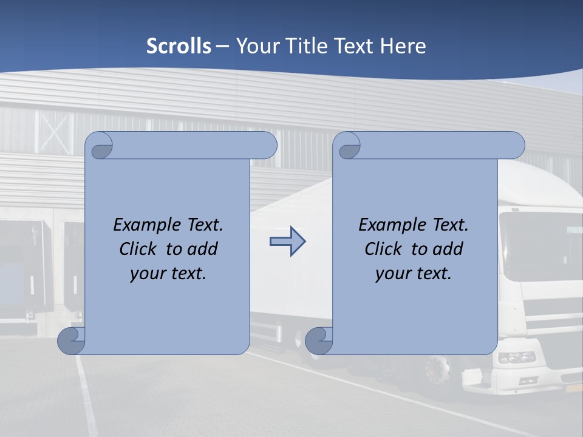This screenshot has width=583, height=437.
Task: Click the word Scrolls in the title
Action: pos(179,46)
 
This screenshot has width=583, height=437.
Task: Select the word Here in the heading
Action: pos(403,46)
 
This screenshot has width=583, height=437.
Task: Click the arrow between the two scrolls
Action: pos(287,242)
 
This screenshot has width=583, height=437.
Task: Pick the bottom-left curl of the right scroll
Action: pos(319,340)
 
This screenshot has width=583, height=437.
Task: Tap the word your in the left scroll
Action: pos(148,273)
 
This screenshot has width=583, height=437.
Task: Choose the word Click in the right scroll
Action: pos(384,249)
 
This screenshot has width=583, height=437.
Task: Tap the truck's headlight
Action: pos(516,357)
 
